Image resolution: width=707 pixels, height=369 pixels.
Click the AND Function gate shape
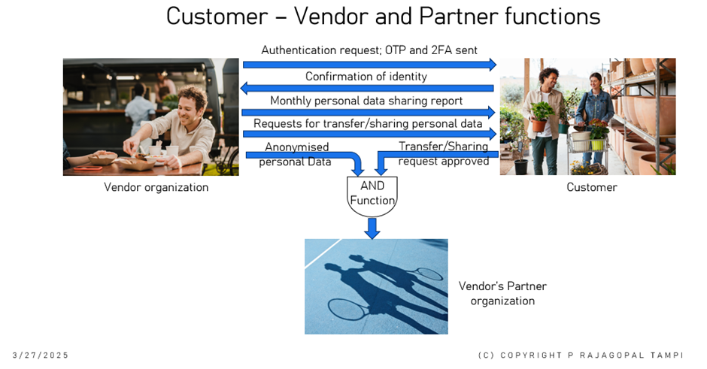click(372, 196)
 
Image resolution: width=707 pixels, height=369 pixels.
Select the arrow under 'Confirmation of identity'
click(367, 89)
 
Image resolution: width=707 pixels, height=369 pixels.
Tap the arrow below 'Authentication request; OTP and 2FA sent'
click(369, 65)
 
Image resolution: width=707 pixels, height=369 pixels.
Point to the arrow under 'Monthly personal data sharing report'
click(369, 112)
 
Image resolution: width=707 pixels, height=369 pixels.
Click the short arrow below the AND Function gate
click(372, 228)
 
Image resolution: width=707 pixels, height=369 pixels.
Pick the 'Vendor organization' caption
click(156, 187)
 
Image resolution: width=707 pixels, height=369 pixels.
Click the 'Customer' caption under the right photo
click(592, 187)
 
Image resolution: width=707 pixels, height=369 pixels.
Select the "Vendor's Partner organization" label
click(502, 293)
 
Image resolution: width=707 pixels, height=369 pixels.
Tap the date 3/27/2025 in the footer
click(41, 355)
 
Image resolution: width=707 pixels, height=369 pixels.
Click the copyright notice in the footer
click(581, 355)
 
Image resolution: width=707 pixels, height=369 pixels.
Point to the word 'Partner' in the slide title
click(459, 17)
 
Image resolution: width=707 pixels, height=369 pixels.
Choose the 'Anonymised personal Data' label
click(296, 154)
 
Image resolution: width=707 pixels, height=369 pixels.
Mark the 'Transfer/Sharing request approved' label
click(443, 153)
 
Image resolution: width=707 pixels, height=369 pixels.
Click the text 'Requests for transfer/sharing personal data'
click(368, 123)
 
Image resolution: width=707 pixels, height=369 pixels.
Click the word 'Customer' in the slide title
click(217, 17)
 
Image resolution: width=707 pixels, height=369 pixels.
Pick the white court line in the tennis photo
click(323, 254)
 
